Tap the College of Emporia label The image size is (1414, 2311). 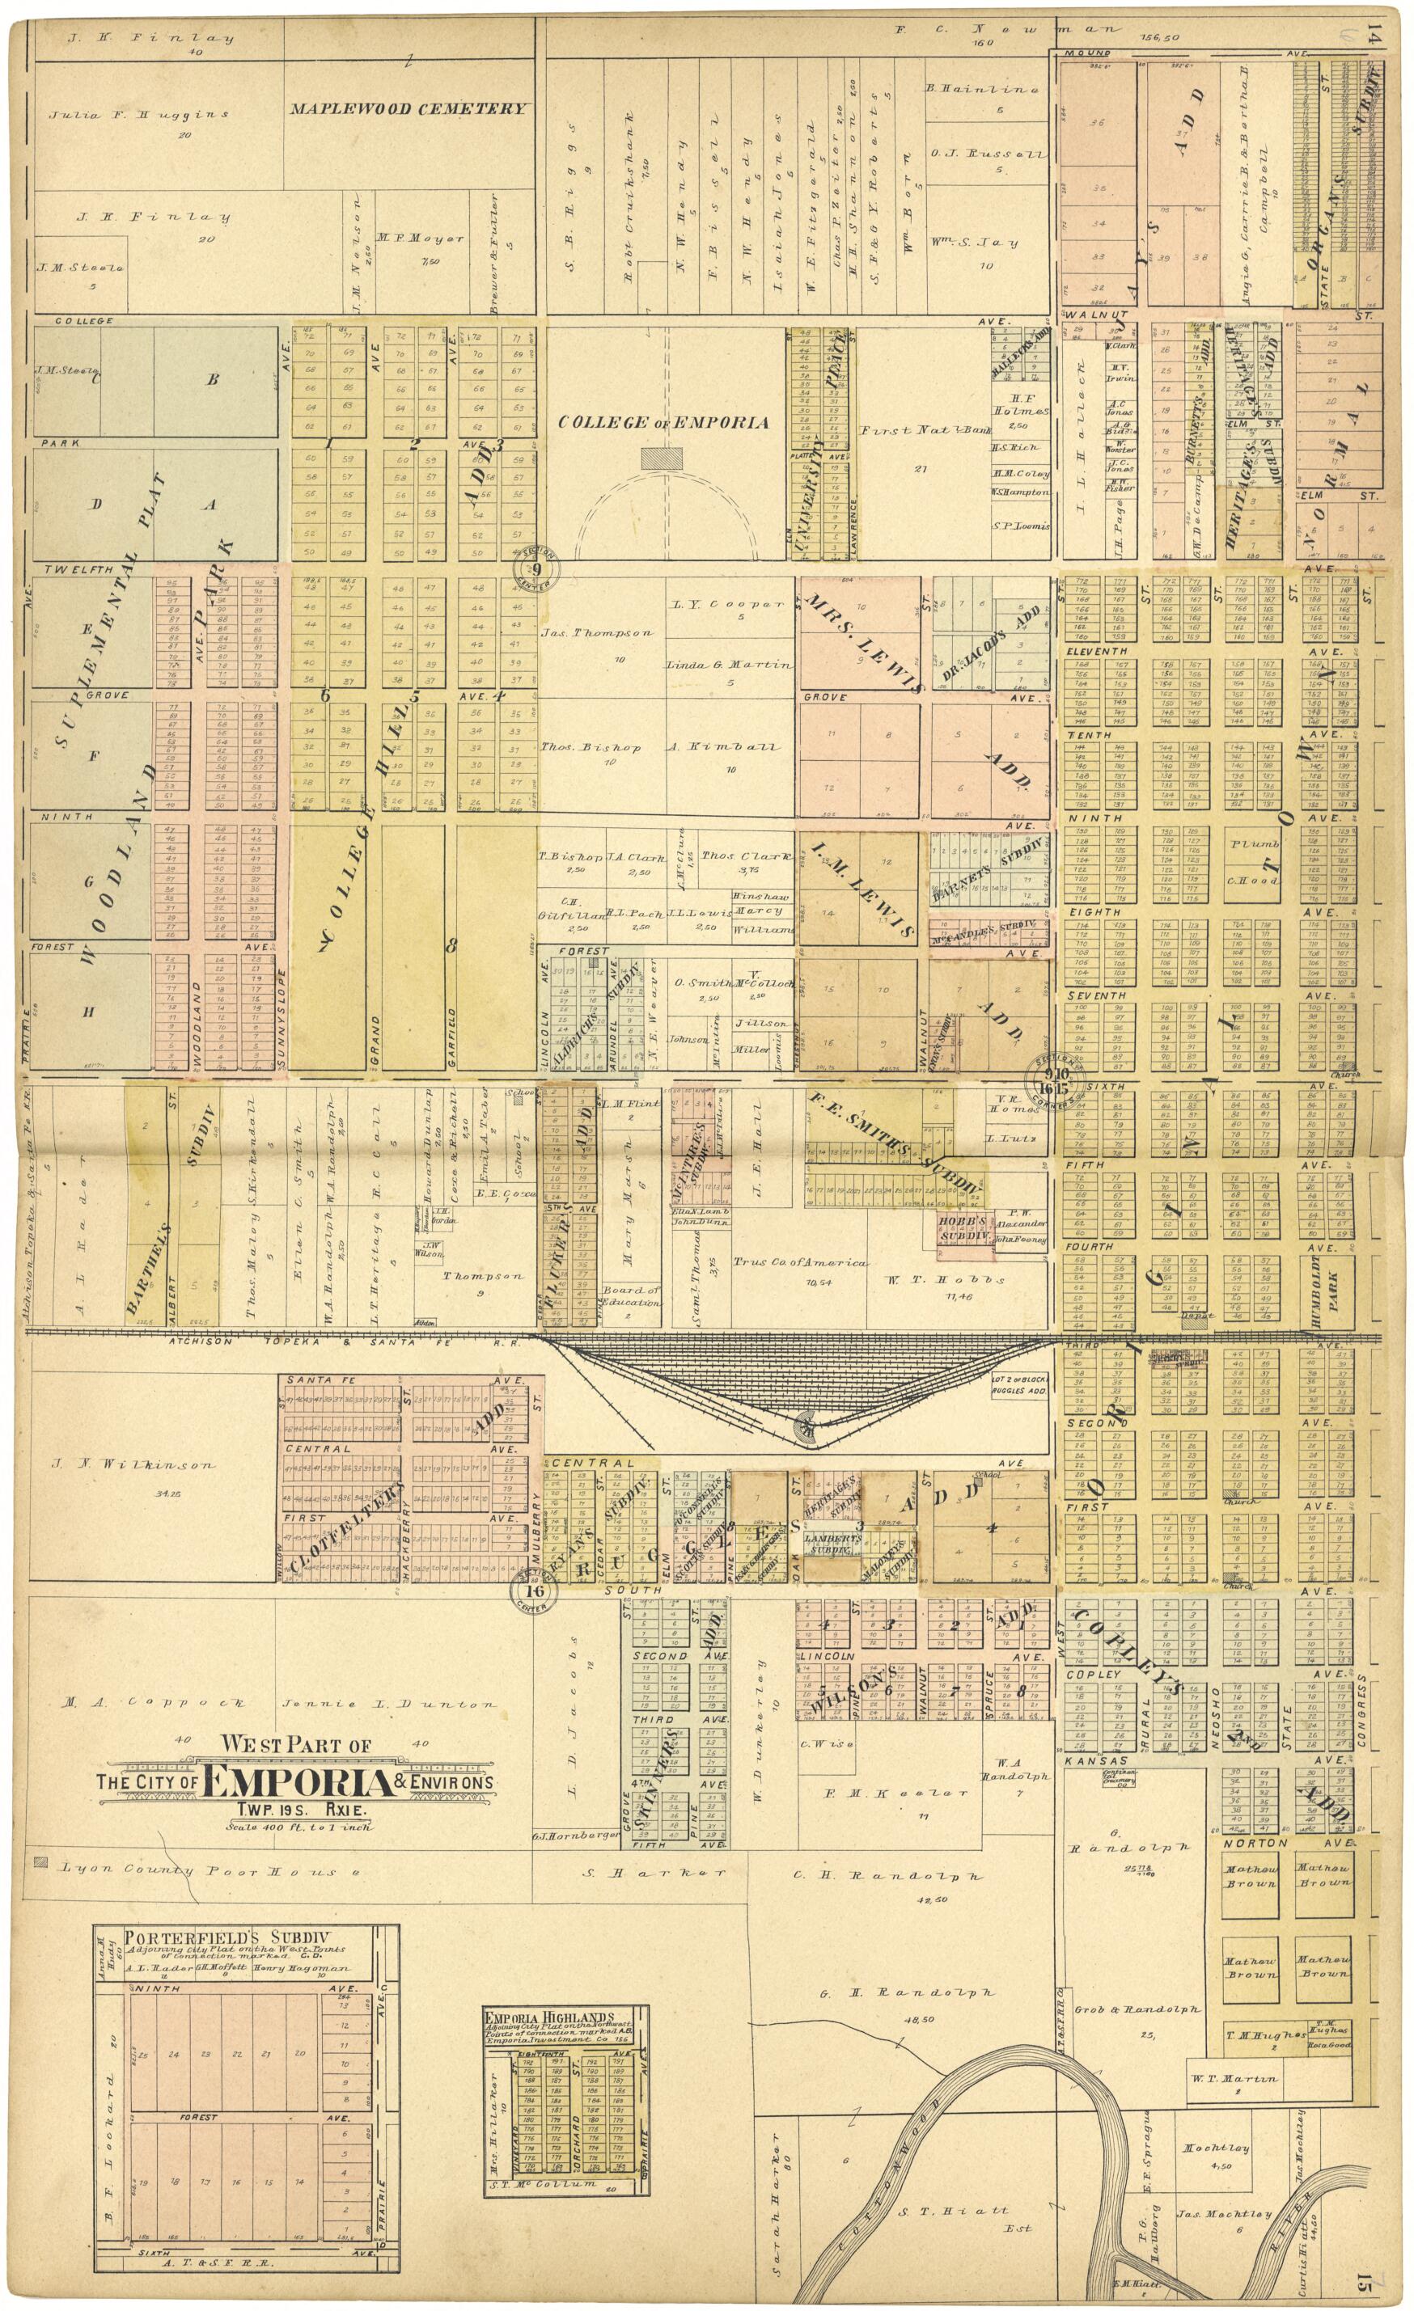(663, 422)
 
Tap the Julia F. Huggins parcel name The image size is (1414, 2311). (139, 115)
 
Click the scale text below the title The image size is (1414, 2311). (298, 1826)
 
